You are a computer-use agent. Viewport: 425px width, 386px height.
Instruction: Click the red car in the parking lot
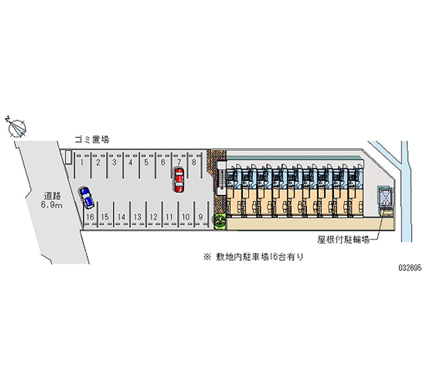(178, 179)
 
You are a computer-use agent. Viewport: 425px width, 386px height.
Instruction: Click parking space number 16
(90, 217)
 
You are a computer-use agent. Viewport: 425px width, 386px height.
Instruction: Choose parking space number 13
(138, 217)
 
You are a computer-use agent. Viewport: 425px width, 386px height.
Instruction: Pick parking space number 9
(200, 217)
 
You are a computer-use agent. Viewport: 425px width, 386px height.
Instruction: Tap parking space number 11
(169, 217)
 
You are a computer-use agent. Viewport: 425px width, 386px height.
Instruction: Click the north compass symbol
(18, 127)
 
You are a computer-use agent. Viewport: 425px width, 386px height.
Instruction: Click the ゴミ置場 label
(92, 140)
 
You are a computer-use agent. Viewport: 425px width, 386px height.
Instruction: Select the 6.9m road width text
(52, 204)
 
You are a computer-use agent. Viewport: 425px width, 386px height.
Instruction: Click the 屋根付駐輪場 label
(343, 240)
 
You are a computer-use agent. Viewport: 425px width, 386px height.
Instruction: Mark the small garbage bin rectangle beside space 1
(68, 157)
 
